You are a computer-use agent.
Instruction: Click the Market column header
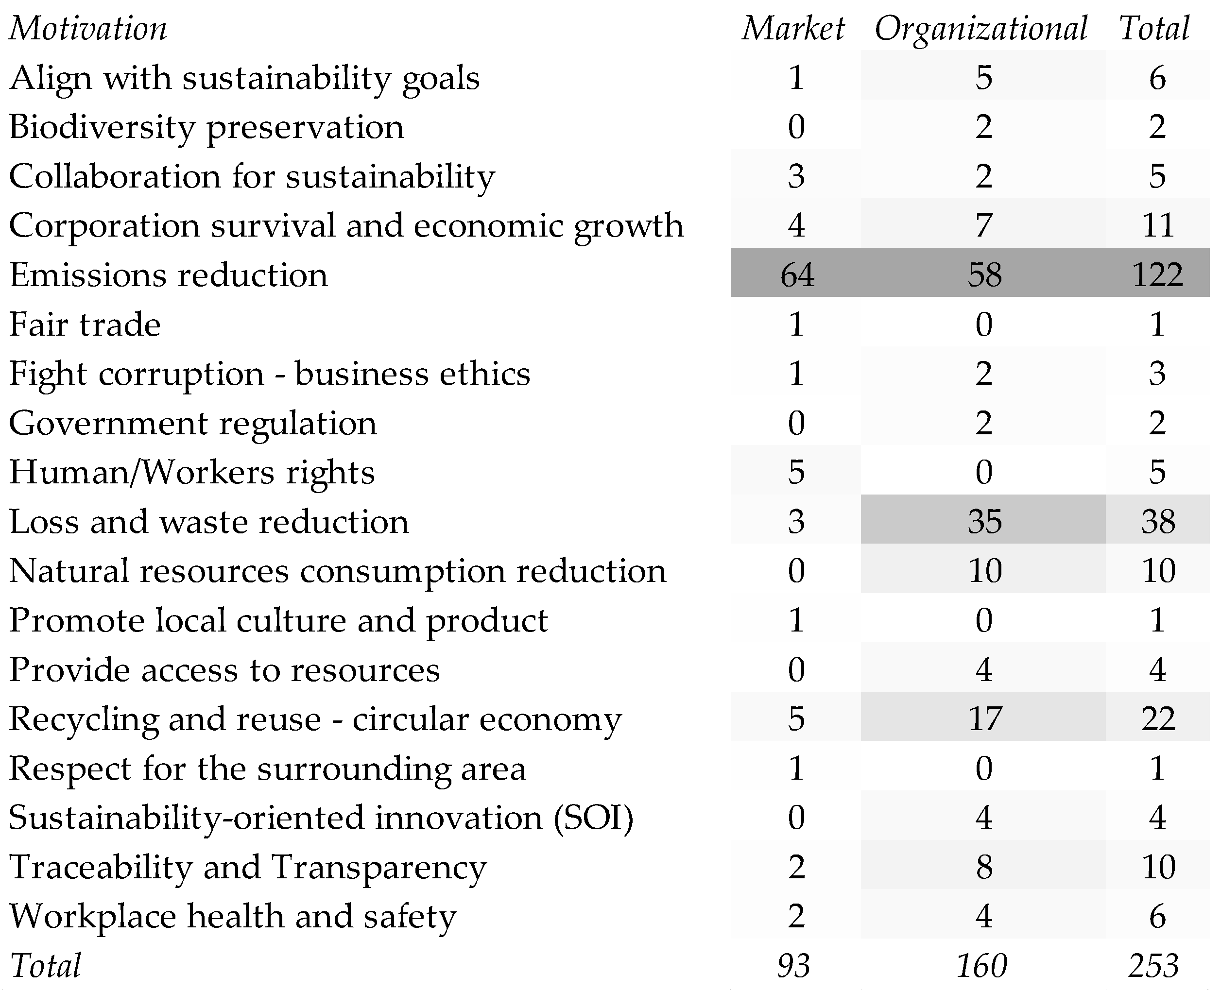pos(793,29)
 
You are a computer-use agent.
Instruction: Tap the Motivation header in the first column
pos(88,29)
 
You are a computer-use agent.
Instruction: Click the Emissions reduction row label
pos(169,275)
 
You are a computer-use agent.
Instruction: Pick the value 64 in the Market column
pos(797,274)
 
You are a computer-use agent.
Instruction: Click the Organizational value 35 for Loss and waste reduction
pos(984,521)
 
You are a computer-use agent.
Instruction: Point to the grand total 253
pos(1153,965)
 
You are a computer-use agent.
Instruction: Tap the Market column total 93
pos(793,965)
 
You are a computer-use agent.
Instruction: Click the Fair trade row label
pos(85,324)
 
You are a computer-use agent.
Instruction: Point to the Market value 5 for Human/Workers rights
pos(796,472)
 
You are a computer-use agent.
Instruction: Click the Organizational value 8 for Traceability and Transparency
pos(983,867)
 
